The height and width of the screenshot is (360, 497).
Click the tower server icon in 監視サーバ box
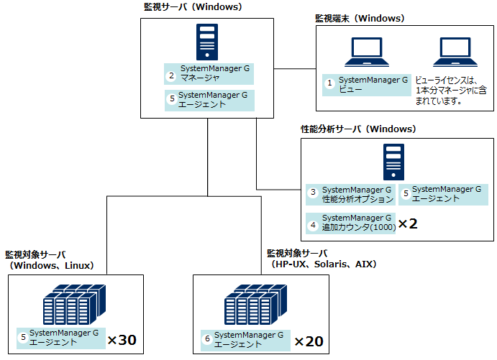click(x=207, y=42)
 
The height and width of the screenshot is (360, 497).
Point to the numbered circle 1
click(x=330, y=84)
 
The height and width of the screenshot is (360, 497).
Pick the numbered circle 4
click(x=313, y=223)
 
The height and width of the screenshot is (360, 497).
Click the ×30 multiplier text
click(x=122, y=338)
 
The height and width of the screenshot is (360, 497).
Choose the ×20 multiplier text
click(x=309, y=341)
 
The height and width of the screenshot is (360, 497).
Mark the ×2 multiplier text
click(x=408, y=223)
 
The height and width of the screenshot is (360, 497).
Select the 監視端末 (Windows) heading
click(x=360, y=17)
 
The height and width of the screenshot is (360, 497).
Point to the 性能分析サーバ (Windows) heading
click(x=357, y=129)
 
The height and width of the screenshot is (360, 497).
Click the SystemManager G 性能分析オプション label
click(x=357, y=193)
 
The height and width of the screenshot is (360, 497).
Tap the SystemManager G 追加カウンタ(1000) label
click(x=357, y=223)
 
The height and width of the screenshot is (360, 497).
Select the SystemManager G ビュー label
click(x=373, y=84)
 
